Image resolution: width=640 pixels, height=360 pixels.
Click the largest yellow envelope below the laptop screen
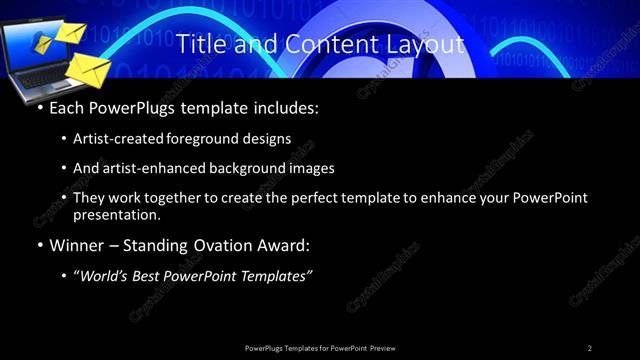click(x=87, y=70)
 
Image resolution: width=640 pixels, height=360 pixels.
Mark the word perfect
click(x=320, y=198)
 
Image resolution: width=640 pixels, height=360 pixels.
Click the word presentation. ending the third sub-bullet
click(x=115, y=214)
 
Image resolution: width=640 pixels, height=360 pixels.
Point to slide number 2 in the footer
click(x=589, y=348)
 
